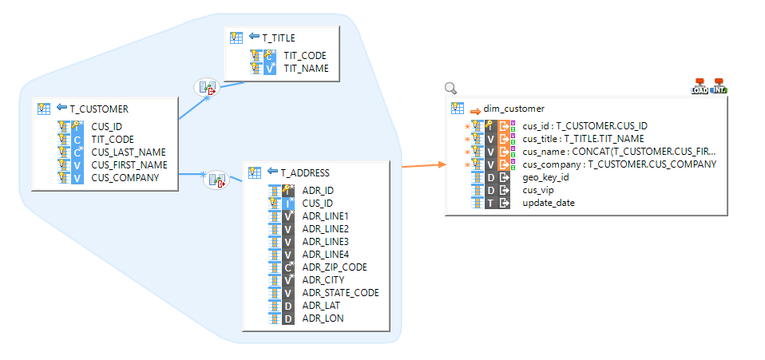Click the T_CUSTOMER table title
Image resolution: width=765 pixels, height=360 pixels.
tap(99, 109)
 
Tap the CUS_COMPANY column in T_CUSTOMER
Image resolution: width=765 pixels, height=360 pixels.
tap(125, 177)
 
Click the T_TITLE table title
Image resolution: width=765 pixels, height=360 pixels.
tap(278, 38)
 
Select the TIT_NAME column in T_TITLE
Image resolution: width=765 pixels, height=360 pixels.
tap(306, 69)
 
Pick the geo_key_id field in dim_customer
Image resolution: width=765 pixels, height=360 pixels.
tap(545, 177)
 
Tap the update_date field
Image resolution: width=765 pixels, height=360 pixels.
tap(548, 203)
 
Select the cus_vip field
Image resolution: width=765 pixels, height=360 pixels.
tap(540, 190)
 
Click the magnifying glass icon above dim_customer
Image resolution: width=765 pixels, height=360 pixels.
tap(450, 89)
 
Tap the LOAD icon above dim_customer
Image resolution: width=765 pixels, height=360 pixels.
tap(700, 87)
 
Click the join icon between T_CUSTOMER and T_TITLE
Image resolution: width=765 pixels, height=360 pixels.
tap(207, 88)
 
